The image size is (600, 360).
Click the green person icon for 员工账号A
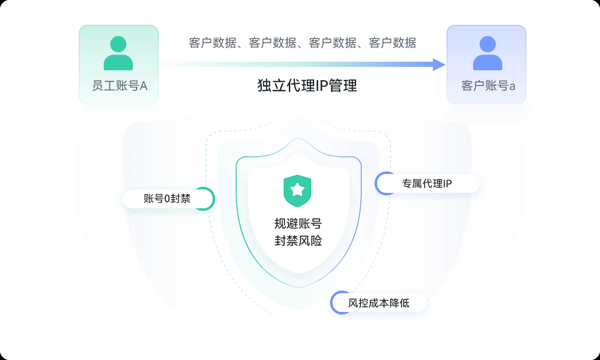(118, 53)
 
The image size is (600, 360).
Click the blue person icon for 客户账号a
(488, 53)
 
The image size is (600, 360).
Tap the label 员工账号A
(120, 86)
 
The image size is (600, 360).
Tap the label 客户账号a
(488, 86)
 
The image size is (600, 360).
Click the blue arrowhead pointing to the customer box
(439, 65)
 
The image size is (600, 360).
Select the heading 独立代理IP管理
(307, 85)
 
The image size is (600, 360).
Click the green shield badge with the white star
(297, 191)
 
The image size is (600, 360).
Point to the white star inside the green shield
(297, 189)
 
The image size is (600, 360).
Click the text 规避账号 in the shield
(298, 224)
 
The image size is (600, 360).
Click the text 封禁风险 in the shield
(298, 240)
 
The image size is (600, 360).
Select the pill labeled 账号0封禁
(168, 199)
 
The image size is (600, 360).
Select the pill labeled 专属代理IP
(427, 183)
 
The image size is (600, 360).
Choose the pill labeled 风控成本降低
(378, 303)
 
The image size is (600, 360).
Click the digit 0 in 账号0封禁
(167, 199)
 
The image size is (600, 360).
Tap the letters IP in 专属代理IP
(447, 184)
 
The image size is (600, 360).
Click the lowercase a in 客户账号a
(512, 87)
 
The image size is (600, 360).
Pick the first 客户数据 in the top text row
(213, 43)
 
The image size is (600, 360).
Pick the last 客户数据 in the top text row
(393, 43)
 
